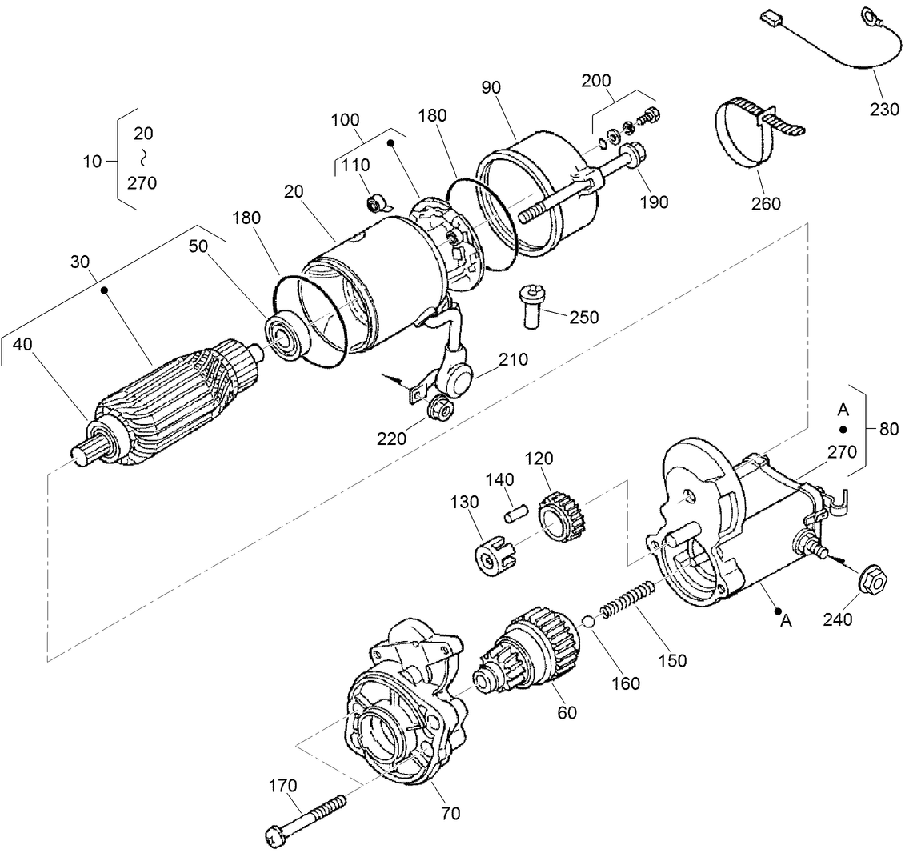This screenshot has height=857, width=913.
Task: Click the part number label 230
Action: coord(884,110)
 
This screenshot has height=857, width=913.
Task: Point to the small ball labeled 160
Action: coord(588,622)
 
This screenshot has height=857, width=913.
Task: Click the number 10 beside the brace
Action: coord(92,162)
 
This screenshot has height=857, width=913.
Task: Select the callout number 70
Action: coord(450,814)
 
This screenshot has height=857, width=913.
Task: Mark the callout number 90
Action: coord(491,87)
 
